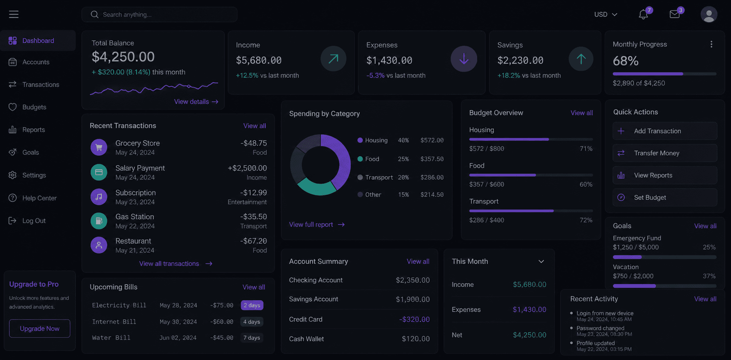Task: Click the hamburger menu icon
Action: [x=14, y=14]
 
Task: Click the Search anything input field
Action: [x=159, y=14]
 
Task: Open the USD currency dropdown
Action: [x=605, y=14]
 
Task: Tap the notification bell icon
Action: [x=644, y=14]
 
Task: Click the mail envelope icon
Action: [x=675, y=14]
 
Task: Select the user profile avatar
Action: [x=709, y=14]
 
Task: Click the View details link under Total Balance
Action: [x=196, y=101]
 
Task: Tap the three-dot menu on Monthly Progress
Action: [x=711, y=44]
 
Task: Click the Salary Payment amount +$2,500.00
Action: [x=247, y=168]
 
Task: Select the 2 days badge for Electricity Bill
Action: [x=252, y=305]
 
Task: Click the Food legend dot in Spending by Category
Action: [x=360, y=159]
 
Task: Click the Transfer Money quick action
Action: [x=665, y=153]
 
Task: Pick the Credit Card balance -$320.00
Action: [x=414, y=319]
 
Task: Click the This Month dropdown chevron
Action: [x=541, y=261]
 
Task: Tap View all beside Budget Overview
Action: [x=582, y=113]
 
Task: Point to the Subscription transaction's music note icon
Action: [x=99, y=197]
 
